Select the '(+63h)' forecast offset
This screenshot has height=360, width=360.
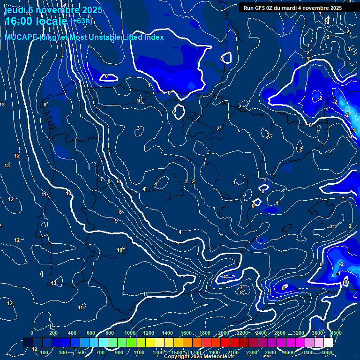click(x=81, y=21)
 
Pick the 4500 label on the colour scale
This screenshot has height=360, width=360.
click(x=335, y=333)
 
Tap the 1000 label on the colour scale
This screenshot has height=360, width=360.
click(x=130, y=333)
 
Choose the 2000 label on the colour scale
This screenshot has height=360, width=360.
click(x=224, y=333)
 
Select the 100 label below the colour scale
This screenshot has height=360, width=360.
click(x=45, y=352)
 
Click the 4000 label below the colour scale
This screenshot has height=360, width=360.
click(x=327, y=352)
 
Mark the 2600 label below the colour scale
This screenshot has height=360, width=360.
click(x=270, y=352)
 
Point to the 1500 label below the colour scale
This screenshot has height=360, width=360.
click(x=177, y=352)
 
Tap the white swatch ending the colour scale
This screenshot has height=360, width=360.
click(x=328, y=343)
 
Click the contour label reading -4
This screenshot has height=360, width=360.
click(x=225, y=277)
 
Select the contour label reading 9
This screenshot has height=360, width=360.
click(x=116, y=221)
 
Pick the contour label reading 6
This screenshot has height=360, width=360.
click(x=109, y=181)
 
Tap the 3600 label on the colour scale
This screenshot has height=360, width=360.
click(x=317, y=333)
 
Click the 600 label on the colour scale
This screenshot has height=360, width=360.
click(x=91, y=333)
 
